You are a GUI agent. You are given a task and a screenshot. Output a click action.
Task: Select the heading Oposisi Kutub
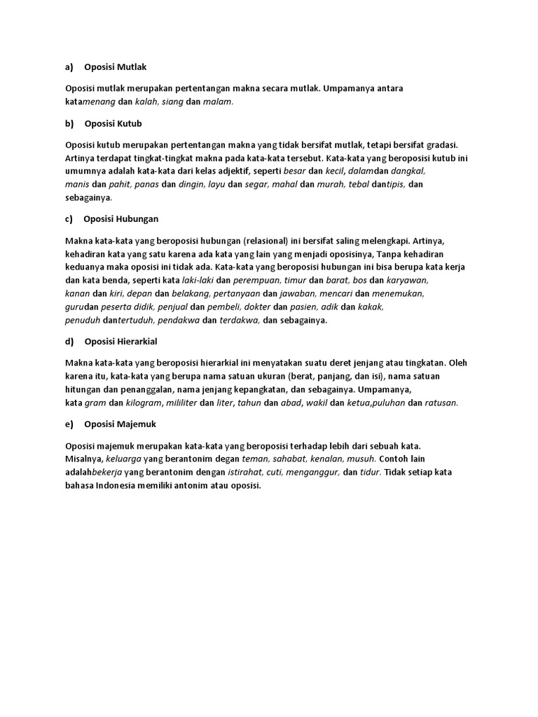tap(113, 124)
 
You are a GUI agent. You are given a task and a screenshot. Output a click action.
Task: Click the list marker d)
tap(69, 342)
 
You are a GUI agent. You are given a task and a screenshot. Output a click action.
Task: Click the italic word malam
tap(217, 102)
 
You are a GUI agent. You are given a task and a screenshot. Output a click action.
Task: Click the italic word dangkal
tap(408, 170)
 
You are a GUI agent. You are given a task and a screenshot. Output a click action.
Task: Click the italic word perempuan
tap(252, 279)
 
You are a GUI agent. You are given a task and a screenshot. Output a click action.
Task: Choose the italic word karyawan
tap(408, 279)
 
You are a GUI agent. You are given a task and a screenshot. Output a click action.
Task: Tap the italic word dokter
tap(254, 307)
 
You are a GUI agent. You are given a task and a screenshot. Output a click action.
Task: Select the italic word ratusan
tap(441, 403)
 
